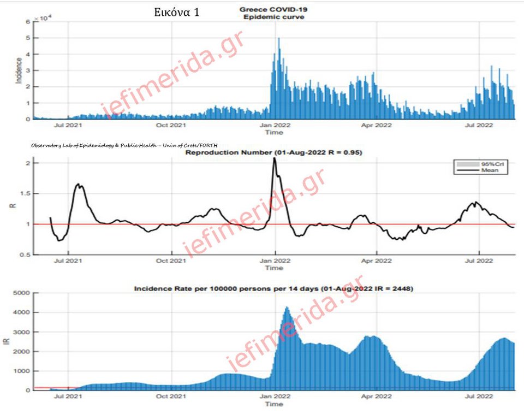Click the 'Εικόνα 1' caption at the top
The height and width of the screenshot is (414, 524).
(x=176, y=12)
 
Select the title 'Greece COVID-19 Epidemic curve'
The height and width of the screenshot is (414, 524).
(x=273, y=13)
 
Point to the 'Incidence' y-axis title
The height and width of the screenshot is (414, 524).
(x=19, y=70)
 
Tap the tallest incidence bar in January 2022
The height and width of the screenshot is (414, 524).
(x=279, y=40)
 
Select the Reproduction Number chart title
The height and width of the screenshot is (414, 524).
(x=273, y=152)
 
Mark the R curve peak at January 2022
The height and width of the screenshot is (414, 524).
(x=275, y=158)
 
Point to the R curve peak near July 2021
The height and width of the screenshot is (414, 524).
(x=80, y=185)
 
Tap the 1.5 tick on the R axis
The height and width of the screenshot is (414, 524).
(x=27, y=194)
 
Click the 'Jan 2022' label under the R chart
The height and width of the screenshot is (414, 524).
(x=274, y=261)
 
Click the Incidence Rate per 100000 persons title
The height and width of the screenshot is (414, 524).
(x=273, y=287)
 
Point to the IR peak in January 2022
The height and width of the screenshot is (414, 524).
(x=287, y=307)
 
